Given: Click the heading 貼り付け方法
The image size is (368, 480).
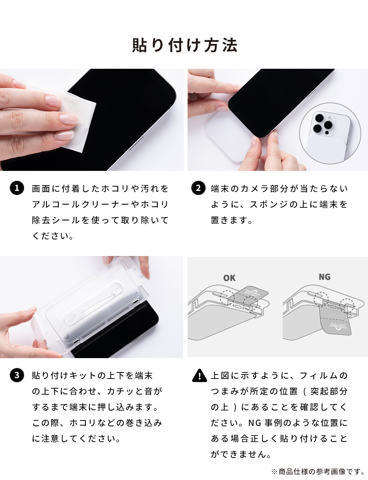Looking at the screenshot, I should tap(184, 45).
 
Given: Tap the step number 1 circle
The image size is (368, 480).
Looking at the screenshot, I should tap(17, 188).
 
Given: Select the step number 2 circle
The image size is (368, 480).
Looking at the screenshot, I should tap(198, 188).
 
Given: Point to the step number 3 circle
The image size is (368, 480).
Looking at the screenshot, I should tap(17, 375).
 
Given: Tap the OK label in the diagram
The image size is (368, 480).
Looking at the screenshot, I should tap(229, 278).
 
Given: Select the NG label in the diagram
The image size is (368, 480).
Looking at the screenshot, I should tap(324, 277).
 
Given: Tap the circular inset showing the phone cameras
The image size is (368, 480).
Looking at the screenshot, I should tap(329, 133).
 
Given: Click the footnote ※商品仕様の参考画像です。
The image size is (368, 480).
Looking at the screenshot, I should tap(318, 471).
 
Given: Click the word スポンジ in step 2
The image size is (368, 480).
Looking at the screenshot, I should tap(269, 204).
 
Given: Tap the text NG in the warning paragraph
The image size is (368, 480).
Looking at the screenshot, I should tap(255, 423).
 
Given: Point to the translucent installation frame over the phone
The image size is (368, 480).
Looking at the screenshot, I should tap(92, 306).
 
